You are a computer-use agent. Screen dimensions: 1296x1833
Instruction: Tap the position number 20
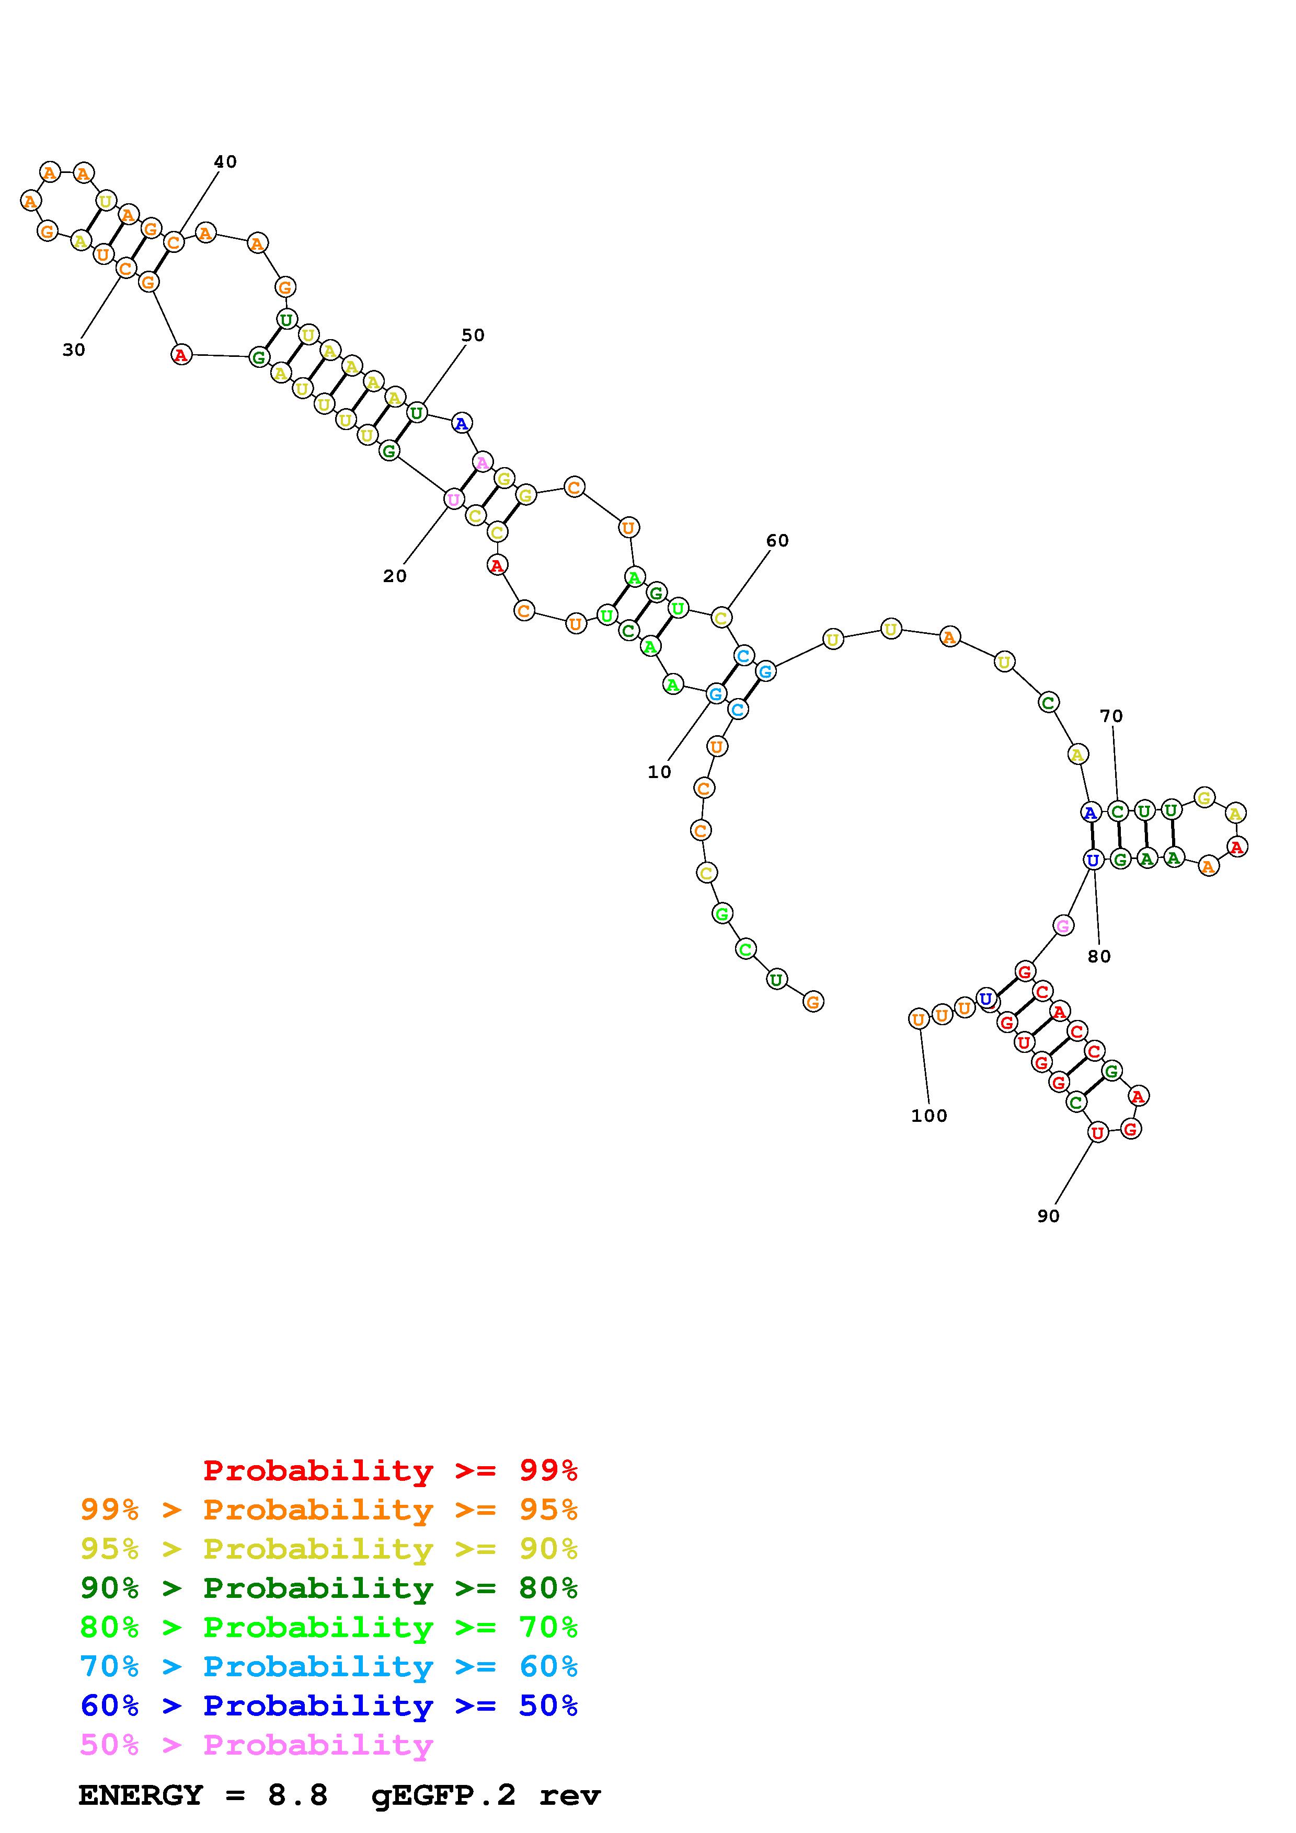(395, 576)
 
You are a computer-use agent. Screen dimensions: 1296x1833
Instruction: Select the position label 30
(74, 350)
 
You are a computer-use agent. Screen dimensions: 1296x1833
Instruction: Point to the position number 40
(225, 162)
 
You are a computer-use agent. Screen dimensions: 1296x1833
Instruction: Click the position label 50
(473, 335)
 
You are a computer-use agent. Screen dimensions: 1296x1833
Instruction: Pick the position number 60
(777, 540)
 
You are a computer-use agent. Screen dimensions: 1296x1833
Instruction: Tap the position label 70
(1111, 716)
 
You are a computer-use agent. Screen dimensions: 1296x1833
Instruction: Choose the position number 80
(1099, 956)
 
